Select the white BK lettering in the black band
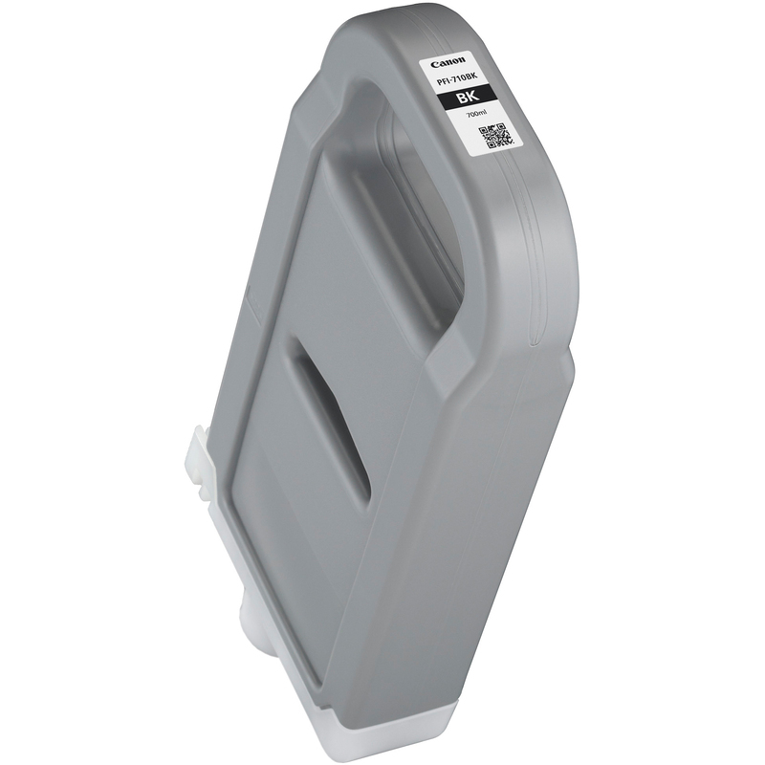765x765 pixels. point(470,97)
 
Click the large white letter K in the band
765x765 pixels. point(475,97)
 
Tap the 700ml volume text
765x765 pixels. point(477,115)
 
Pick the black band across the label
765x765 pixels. point(470,97)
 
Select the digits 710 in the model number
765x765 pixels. point(464,81)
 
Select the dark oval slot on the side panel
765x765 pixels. point(330,421)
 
